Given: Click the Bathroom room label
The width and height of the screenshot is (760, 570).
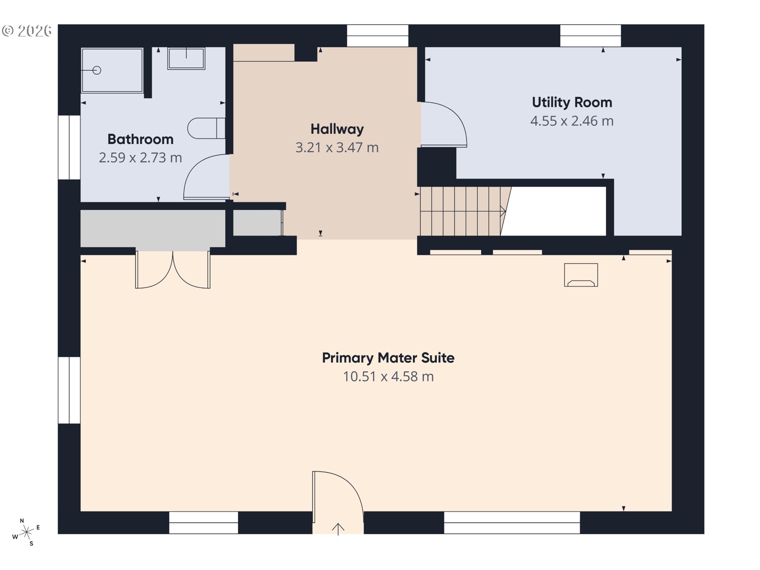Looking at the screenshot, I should pos(140,139).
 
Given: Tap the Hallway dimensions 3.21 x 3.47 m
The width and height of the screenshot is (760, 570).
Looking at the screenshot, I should pos(337,148).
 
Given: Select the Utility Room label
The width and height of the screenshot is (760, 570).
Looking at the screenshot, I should pos(572,103).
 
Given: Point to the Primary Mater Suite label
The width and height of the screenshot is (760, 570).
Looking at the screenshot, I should pos(388,358).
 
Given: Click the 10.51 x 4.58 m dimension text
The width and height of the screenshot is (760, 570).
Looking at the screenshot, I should pos(388,376).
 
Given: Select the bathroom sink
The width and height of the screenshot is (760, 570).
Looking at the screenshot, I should pos(186,59).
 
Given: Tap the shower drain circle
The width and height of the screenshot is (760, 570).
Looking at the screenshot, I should pos(97,70).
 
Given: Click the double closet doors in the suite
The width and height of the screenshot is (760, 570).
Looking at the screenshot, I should pos(173,271).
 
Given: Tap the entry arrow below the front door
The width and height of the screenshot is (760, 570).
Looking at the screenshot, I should pos(338,529).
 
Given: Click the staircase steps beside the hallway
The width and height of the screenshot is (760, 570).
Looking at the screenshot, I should pos(461,211).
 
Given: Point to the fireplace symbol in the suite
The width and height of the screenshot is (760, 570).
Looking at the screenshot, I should pos(581,275).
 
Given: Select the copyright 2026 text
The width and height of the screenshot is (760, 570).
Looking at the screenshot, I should pos(27,31).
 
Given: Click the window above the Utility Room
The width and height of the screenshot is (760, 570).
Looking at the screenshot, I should pos(590,36).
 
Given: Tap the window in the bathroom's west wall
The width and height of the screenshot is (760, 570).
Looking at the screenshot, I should pos(69,147).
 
